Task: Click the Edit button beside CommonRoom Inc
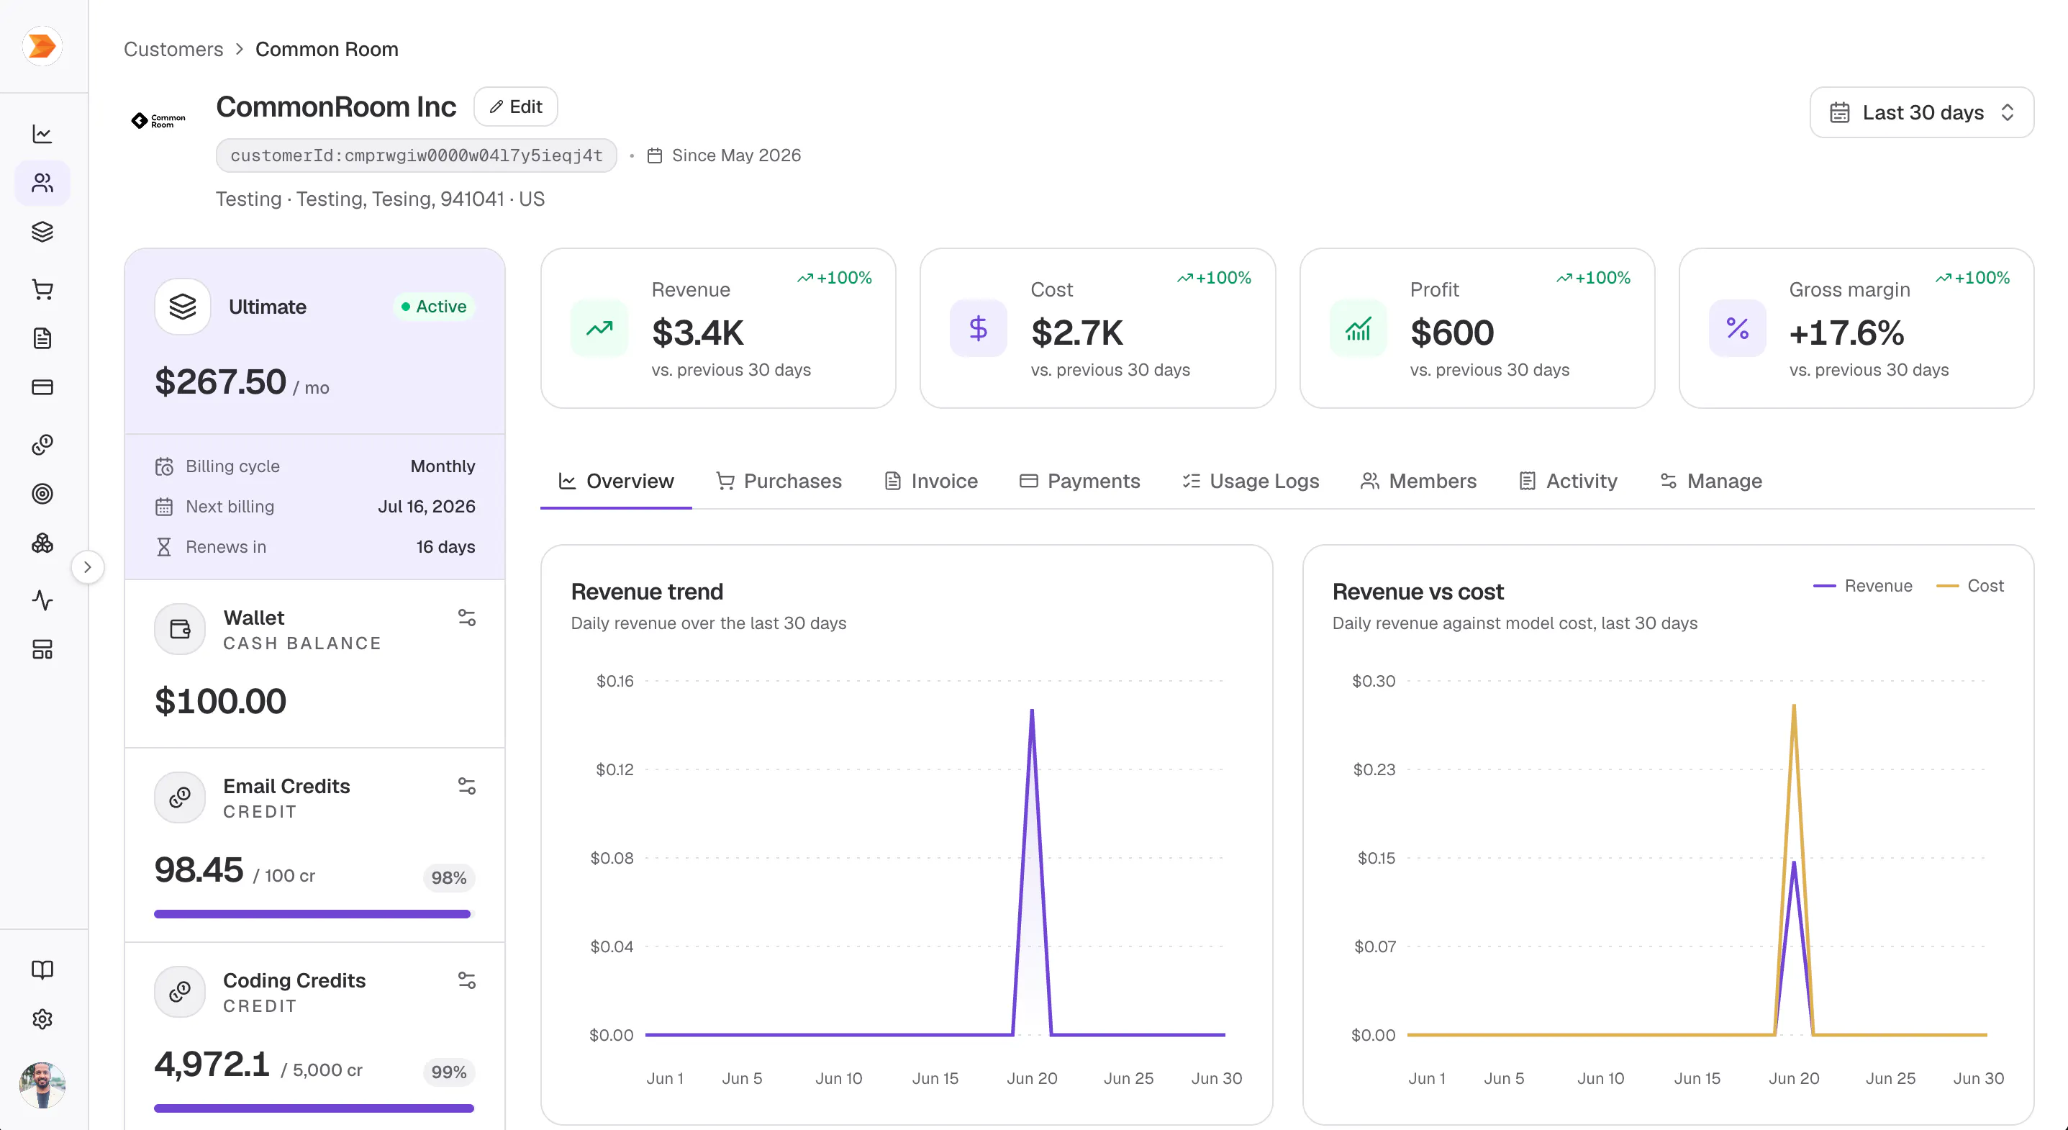(515, 107)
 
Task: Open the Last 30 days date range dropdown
(1921, 112)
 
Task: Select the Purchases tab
(779, 481)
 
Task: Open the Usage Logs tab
(1250, 481)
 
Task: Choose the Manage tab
(1711, 481)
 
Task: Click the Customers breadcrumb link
(173, 49)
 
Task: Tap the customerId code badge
(416, 155)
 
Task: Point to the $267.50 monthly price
(220, 381)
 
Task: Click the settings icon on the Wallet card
(466, 618)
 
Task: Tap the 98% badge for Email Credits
(449, 878)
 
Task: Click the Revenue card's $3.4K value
(698, 333)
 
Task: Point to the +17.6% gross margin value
(1846, 333)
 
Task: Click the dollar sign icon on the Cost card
(978, 328)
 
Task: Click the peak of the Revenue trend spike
(1032, 710)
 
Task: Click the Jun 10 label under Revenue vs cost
(1600, 1079)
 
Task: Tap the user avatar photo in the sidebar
(42, 1085)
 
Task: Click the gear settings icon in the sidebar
(42, 1019)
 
